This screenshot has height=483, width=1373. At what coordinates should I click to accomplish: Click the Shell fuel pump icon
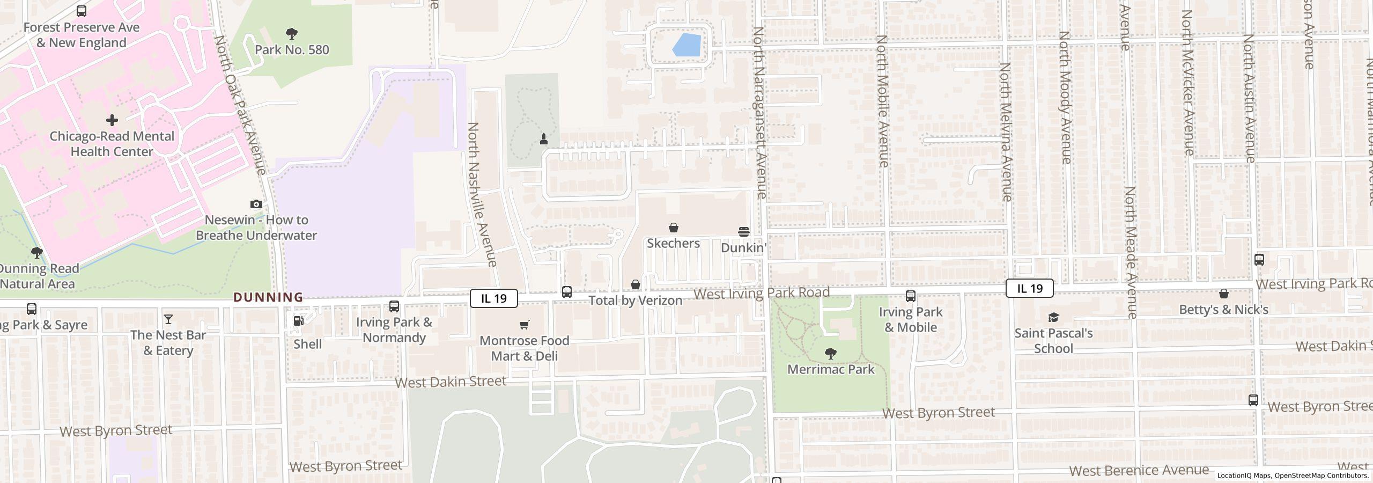pyautogui.click(x=299, y=321)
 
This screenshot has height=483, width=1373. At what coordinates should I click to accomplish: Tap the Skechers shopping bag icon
pyautogui.click(x=673, y=228)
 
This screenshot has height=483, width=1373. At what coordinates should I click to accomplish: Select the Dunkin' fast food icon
pyautogui.click(x=743, y=232)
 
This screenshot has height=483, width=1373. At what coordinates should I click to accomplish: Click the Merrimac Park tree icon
pyautogui.click(x=830, y=354)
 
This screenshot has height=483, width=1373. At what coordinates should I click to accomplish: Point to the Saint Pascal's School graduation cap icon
pyautogui.click(x=1053, y=317)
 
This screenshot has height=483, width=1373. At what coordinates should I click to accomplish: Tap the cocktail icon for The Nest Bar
pyautogui.click(x=168, y=319)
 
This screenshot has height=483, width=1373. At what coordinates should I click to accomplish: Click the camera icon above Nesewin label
pyautogui.click(x=256, y=204)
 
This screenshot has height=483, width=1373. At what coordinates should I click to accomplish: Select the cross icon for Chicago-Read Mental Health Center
pyautogui.click(x=112, y=120)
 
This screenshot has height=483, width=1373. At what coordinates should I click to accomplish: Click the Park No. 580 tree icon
pyautogui.click(x=291, y=34)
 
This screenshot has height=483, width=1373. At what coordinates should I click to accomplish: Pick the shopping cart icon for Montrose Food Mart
pyautogui.click(x=524, y=325)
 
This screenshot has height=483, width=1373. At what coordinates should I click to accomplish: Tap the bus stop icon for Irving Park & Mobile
pyautogui.click(x=910, y=296)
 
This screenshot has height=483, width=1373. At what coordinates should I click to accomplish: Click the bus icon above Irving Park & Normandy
pyautogui.click(x=394, y=306)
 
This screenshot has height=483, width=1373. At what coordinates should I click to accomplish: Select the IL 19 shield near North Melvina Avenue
pyautogui.click(x=1029, y=288)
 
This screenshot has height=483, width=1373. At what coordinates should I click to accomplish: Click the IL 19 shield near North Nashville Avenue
pyautogui.click(x=493, y=298)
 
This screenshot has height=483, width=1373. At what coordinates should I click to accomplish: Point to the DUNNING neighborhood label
pyautogui.click(x=268, y=297)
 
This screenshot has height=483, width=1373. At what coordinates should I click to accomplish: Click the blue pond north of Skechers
pyautogui.click(x=687, y=45)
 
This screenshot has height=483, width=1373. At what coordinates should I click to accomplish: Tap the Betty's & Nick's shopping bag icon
pyautogui.click(x=1223, y=294)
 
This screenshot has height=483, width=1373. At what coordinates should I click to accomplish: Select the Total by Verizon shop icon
pyautogui.click(x=635, y=284)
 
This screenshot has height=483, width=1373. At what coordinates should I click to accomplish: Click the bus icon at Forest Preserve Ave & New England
pyautogui.click(x=82, y=11)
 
